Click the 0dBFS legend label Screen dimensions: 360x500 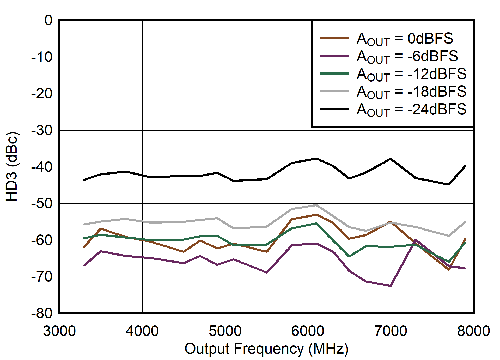click(405, 39)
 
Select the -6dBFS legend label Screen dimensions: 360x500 click(407, 57)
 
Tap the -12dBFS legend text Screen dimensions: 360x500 click(411, 74)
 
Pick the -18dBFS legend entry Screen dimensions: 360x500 click(411, 92)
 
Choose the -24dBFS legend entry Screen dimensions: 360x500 click(411, 110)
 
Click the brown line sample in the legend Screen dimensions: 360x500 click(334, 38)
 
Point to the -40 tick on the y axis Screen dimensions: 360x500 click(42, 167)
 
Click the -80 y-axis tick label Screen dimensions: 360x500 click(42, 313)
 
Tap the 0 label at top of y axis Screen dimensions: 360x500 click(48, 20)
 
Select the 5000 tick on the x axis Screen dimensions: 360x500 click(225, 331)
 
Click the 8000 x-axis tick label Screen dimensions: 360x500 click(473, 331)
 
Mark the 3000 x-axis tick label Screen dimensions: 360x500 click(59, 331)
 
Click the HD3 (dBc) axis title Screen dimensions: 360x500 click(12, 167)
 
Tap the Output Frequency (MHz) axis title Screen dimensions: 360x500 click(266, 349)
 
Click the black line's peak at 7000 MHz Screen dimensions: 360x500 click(391, 159)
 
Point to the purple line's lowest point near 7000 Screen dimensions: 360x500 click(390, 286)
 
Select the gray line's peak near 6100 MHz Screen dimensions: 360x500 click(316, 205)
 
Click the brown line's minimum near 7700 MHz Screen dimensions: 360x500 click(449, 270)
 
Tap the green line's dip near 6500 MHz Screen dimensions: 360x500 click(349, 256)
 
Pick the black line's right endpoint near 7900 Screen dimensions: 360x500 click(465, 166)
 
